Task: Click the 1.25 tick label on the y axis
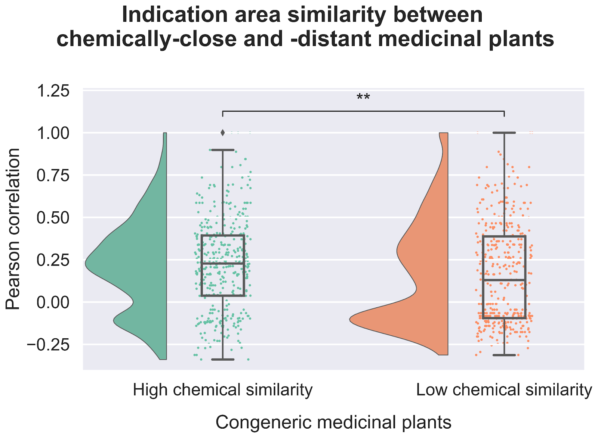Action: point(53,91)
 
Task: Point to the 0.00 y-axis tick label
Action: point(53,302)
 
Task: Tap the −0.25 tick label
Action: point(48,345)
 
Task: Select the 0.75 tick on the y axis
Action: point(53,175)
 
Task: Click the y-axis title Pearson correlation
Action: point(13,229)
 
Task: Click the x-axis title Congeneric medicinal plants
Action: point(333,422)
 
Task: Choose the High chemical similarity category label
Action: point(223,390)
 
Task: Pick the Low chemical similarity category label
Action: point(504,390)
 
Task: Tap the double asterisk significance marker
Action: point(363,98)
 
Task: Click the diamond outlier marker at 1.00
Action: point(223,133)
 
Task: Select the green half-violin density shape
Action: point(138,261)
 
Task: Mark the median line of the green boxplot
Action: point(223,263)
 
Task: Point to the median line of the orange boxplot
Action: point(504,280)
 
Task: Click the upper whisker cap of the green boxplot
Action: point(223,150)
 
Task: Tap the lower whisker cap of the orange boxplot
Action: point(504,355)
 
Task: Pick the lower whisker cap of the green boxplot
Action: point(223,359)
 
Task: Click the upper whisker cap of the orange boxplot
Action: point(504,133)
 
